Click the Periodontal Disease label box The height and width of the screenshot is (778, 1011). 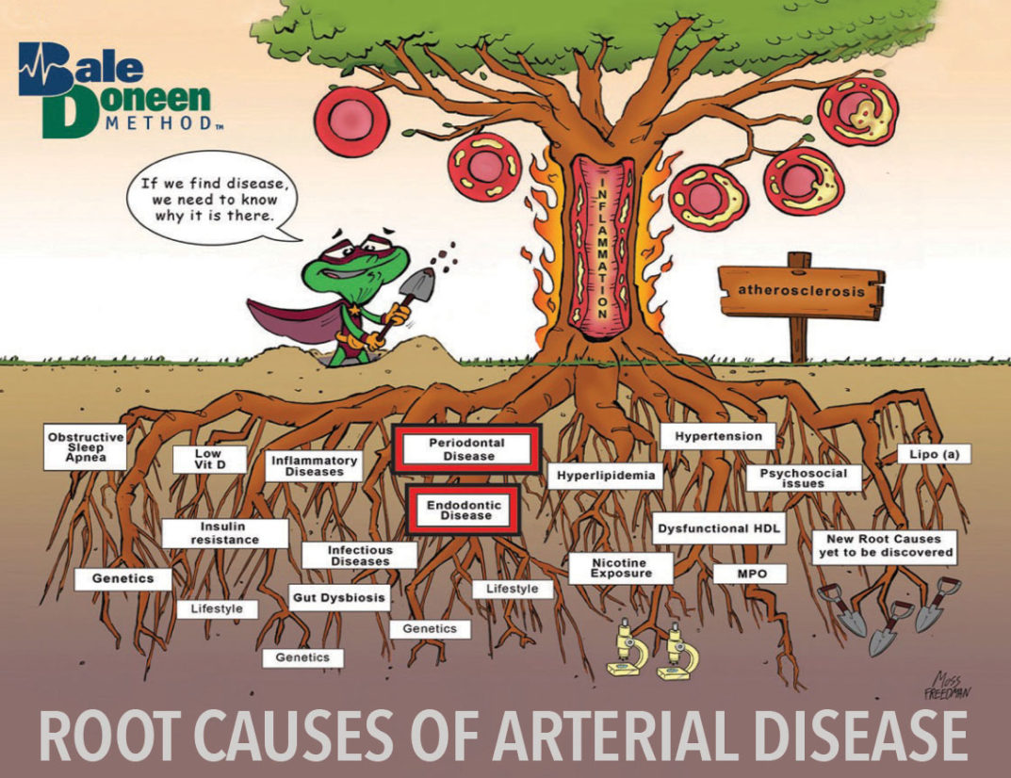[466, 449]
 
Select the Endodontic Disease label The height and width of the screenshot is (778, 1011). [464, 510]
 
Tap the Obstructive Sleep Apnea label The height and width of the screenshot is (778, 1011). [85, 446]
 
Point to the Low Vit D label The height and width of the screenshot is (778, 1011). [209, 459]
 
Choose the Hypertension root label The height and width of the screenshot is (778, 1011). [718, 436]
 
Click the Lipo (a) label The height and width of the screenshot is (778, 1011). [934, 454]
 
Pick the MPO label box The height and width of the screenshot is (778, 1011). [750, 574]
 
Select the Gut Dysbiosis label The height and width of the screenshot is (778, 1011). [338, 598]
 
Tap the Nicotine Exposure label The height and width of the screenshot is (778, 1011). [621, 568]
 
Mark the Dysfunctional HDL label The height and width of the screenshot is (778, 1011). [719, 528]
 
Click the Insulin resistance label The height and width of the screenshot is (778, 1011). [224, 533]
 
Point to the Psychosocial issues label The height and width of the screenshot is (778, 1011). [804, 478]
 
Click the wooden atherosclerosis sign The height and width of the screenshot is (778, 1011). [801, 291]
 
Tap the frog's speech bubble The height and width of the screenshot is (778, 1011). [214, 200]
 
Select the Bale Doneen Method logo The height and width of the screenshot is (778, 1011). [116, 90]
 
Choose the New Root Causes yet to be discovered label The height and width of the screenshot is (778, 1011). [884, 546]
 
